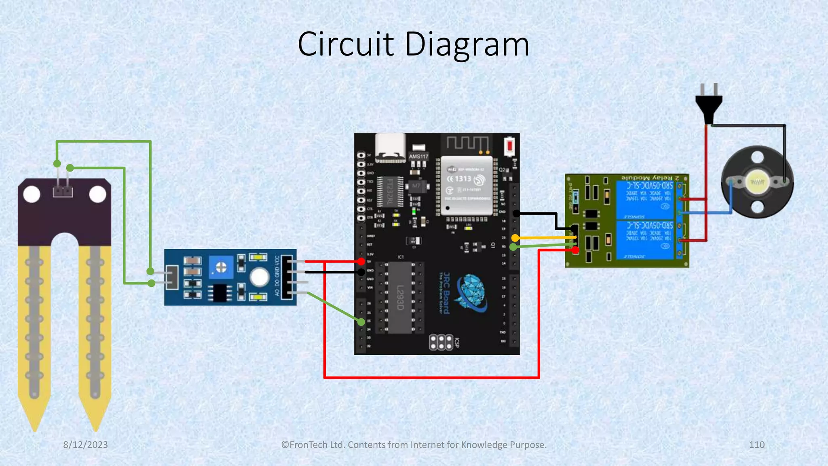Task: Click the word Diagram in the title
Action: (467, 44)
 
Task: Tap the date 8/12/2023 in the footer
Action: (85, 445)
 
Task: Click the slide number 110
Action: (756, 445)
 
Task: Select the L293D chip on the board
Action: (399, 298)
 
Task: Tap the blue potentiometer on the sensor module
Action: (221, 267)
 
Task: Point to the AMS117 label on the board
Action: (418, 157)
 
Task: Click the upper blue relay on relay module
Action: (645, 200)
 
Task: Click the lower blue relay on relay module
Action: (645, 239)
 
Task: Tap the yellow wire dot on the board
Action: (515, 238)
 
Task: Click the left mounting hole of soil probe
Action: (32, 195)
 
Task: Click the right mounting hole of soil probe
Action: (97, 195)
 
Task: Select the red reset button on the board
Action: (510, 146)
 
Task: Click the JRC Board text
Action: (446, 293)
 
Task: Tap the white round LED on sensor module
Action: (259, 277)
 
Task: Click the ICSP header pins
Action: (441, 342)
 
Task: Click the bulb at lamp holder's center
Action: (757, 182)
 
